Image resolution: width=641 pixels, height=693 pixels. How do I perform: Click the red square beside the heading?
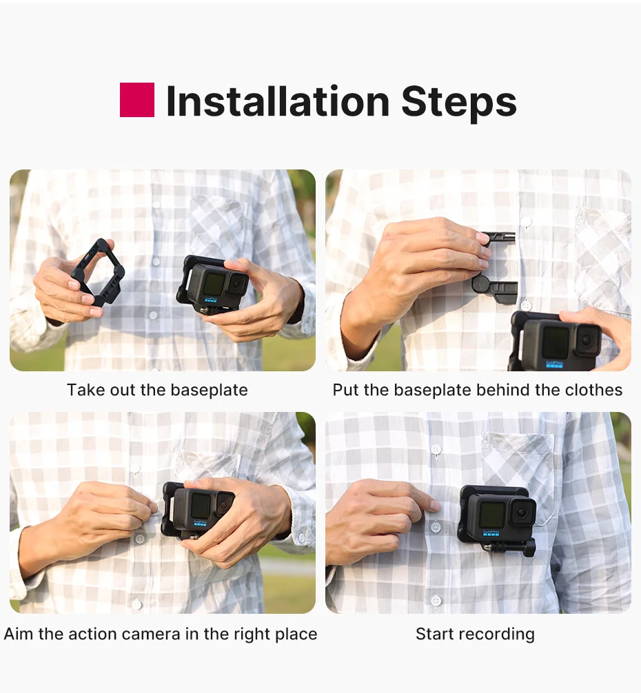(137, 100)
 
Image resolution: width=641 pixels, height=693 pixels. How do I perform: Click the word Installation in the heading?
(278, 101)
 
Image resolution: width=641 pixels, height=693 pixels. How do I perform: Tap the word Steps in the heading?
(459, 103)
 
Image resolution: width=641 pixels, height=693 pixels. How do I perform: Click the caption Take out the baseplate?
(157, 390)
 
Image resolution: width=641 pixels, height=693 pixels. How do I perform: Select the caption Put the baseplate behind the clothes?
(478, 390)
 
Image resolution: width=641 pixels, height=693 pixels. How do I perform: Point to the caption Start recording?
(475, 634)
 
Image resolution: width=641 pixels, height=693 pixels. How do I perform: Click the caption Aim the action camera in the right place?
(161, 634)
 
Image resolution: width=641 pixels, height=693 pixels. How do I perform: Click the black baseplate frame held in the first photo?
(98, 272)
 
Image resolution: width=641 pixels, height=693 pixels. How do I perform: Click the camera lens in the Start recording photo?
(522, 513)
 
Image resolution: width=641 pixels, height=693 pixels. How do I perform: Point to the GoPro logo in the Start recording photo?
(491, 533)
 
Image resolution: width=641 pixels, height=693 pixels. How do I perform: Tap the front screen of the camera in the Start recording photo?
(491, 515)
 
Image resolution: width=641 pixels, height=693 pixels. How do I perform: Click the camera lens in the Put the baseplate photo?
(588, 339)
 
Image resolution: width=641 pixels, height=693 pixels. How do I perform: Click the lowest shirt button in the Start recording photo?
(436, 601)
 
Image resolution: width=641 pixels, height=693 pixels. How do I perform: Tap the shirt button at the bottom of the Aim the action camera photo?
(136, 603)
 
